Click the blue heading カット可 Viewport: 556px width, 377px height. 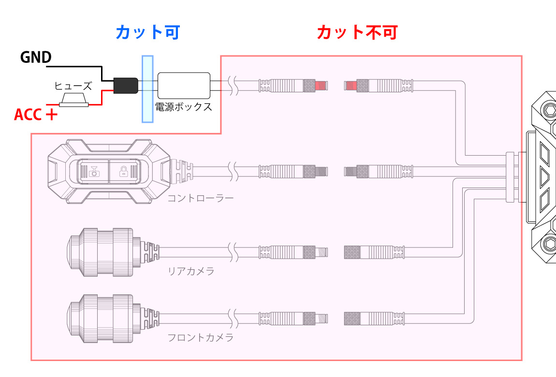pyautogui.click(x=147, y=32)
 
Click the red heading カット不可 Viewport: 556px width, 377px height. pyautogui.click(x=357, y=32)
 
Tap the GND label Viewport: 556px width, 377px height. pyautogui.click(x=36, y=58)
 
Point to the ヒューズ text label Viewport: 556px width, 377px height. pyautogui.click(x=73, y=86)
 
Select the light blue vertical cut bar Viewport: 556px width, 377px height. pyautogui.click(x=147, y=88)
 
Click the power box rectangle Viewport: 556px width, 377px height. pyautogui.click(x=184, y=86)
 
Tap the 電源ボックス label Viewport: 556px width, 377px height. pyautogui.click(x=184, y=107)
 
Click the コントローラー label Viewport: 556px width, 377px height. pyautogui.click(x=200, y=198)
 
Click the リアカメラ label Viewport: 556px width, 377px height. pyautogui.click(x=191, y=271)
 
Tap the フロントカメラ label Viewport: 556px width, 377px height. pyautogui.click(x=200, y=337)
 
